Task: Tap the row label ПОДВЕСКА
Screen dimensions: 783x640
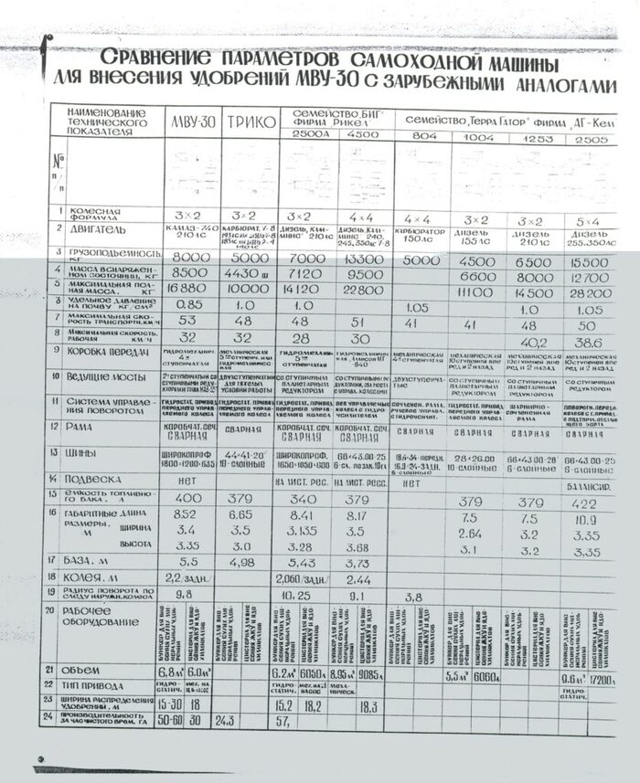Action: (94, 477)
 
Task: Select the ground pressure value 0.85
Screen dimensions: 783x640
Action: (189, 304)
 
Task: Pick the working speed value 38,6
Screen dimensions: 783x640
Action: (593, 341)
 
